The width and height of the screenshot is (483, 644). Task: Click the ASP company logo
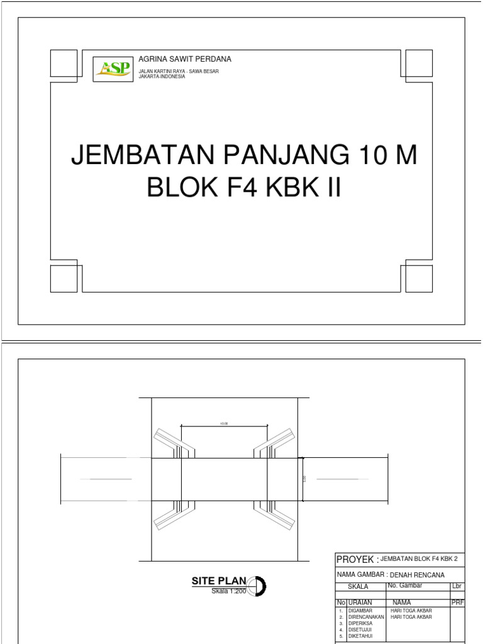coord(113,69)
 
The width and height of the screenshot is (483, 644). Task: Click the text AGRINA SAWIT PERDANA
coord(180,59)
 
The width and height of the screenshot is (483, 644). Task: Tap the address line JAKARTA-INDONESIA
coord(162,76)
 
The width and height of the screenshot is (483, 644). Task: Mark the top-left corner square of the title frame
coord(64,63)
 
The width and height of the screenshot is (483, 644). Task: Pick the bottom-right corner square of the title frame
coord(419,279)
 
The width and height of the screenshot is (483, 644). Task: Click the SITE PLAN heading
coord(219,582)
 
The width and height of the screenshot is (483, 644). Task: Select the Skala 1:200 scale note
coord(229,592)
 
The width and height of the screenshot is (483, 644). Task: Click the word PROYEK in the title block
coord(355,560)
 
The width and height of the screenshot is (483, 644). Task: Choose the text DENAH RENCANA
coord(417,575)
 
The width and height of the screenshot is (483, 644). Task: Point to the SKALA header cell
coord(358,587)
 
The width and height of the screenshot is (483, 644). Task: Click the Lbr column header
coord(457,586)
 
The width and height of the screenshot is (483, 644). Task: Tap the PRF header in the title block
coord(457,602)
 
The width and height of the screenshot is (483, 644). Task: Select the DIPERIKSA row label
coord(360,623)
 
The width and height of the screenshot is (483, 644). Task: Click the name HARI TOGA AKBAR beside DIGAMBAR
coord(411,611)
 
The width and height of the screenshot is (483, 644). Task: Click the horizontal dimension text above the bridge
coord(224,424)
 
